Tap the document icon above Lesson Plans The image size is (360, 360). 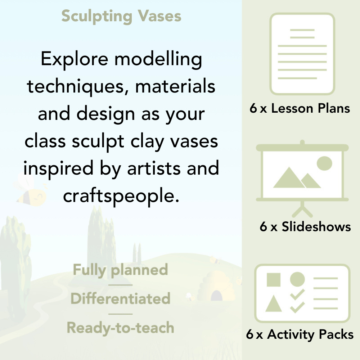coord(302,54)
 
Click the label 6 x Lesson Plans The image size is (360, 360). coord(300,108)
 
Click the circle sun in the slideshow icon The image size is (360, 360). coord(324,163)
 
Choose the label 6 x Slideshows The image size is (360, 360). coord(305,226)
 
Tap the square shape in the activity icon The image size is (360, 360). coord(274,279)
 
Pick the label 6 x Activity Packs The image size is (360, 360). coord(300,334)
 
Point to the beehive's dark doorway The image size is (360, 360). coord(216,296)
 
